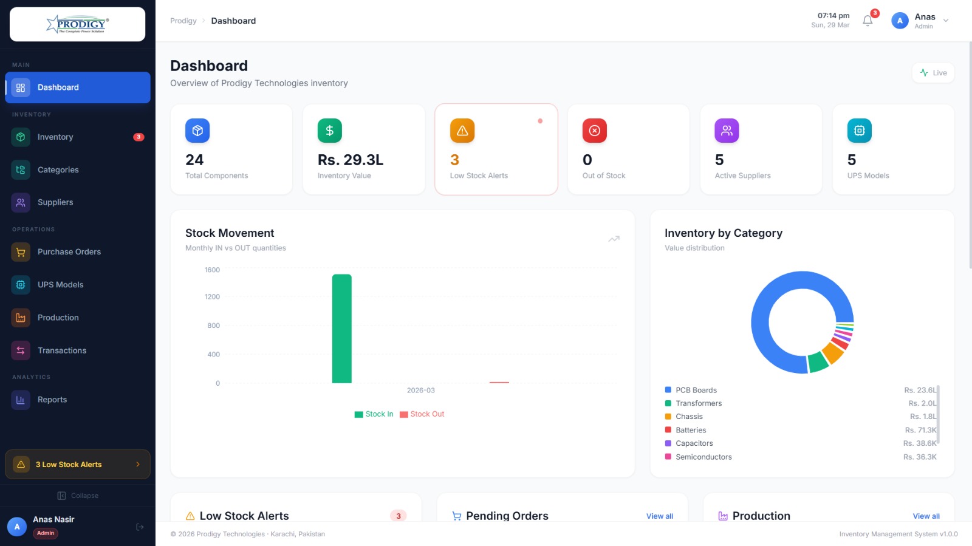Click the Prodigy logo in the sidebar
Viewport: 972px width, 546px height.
point(77,24)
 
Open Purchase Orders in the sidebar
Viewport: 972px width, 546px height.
point(69,252)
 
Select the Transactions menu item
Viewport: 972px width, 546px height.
point(61,350)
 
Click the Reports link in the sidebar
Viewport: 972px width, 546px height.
point(52,400)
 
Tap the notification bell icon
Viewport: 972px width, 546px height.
point(868,21)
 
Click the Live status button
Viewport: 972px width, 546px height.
point(933,73)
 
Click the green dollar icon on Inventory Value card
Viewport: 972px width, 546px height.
point(329,131)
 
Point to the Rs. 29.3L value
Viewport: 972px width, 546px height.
point(351,160)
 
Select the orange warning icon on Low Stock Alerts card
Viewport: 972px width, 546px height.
point(462,131)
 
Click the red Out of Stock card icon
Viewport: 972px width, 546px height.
point(594,131)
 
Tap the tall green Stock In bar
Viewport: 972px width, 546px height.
point(341,328)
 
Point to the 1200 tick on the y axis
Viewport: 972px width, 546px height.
point(212,297)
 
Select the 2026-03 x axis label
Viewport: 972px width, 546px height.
point(420,391)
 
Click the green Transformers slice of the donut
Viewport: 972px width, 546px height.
point(818,362)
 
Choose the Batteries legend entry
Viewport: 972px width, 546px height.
point(691,430)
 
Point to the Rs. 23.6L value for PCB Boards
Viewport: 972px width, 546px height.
point(920,391)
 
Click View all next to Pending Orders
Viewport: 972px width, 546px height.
point(659,516)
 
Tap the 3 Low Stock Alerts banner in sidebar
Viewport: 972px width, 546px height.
point(77,465)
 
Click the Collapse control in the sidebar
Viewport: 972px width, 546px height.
point(78,496)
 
